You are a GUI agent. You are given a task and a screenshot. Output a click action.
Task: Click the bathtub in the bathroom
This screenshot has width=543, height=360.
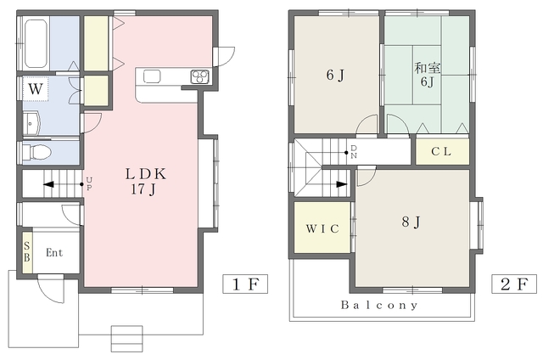point(36,43)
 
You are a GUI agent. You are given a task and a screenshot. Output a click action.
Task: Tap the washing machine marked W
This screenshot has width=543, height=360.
point(36,88)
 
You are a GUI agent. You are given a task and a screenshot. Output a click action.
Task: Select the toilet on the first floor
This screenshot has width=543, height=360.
point(36,152)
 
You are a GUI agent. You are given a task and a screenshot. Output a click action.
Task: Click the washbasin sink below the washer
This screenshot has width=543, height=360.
point(32,123)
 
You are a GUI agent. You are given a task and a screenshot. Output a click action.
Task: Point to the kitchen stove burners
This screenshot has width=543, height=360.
point(200,76)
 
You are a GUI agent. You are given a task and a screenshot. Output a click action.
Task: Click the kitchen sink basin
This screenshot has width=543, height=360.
point(152,76)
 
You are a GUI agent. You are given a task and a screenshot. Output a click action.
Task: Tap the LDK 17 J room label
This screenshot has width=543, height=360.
point(145,181)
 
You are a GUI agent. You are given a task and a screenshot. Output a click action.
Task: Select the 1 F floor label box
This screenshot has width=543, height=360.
point(245,284)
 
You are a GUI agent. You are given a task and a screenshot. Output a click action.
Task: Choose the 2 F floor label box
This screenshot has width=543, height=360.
point(514,284)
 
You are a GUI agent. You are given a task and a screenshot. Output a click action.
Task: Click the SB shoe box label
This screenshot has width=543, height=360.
point(27,251)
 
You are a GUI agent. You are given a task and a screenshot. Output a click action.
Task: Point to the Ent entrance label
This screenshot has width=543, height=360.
point(54,252)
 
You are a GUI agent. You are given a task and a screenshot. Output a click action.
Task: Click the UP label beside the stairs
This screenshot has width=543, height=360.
point(89,183)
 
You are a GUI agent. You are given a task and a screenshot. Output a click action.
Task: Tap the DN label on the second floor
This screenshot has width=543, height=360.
point(354,152)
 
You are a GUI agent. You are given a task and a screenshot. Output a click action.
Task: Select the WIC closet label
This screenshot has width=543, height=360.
point(322,228)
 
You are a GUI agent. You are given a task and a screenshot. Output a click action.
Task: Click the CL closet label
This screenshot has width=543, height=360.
point(441,151)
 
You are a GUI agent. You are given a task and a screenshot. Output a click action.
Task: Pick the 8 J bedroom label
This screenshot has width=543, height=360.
point(411,222)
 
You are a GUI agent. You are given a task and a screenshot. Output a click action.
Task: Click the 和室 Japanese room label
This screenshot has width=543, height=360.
point(427,68)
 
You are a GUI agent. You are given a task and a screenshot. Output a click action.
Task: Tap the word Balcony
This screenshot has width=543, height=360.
point(379,305)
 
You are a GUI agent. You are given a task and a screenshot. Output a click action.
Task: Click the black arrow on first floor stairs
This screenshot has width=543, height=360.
point(49,184)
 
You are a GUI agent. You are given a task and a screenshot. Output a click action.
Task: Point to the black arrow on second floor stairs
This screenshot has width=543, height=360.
point(341,184)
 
